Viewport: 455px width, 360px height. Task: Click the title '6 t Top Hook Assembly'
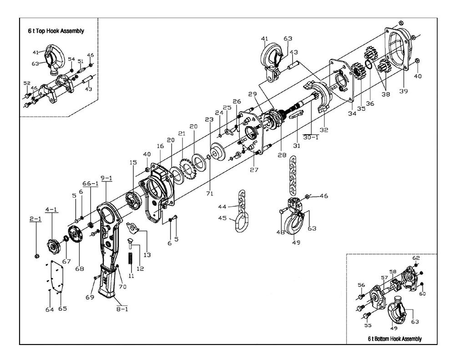[56, 31]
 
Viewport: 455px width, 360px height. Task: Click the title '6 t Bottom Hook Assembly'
[394, 339]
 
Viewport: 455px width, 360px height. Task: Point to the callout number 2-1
[35, 219]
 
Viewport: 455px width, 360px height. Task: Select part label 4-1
[51, 210]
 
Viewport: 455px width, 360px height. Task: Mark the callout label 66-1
[91, 184]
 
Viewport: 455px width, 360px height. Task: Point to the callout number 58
[393, 272]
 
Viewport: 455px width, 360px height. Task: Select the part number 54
[71, 60]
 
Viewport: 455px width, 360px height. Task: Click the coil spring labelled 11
[130, 257]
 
